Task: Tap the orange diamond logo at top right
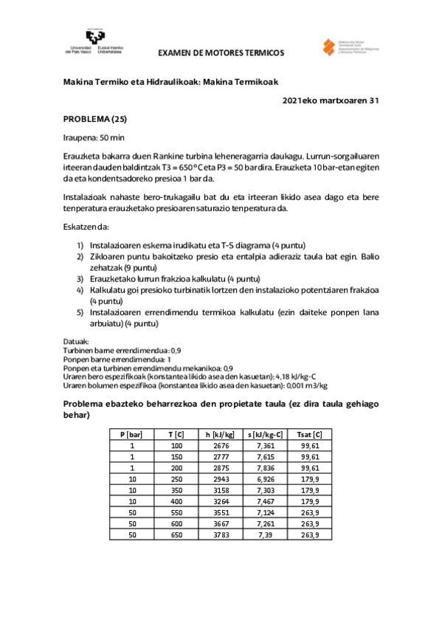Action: point(331,45)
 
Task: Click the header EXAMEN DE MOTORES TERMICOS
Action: point(221,53)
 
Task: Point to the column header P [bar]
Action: point(131,434)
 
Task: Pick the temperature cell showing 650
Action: point(176,534)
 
